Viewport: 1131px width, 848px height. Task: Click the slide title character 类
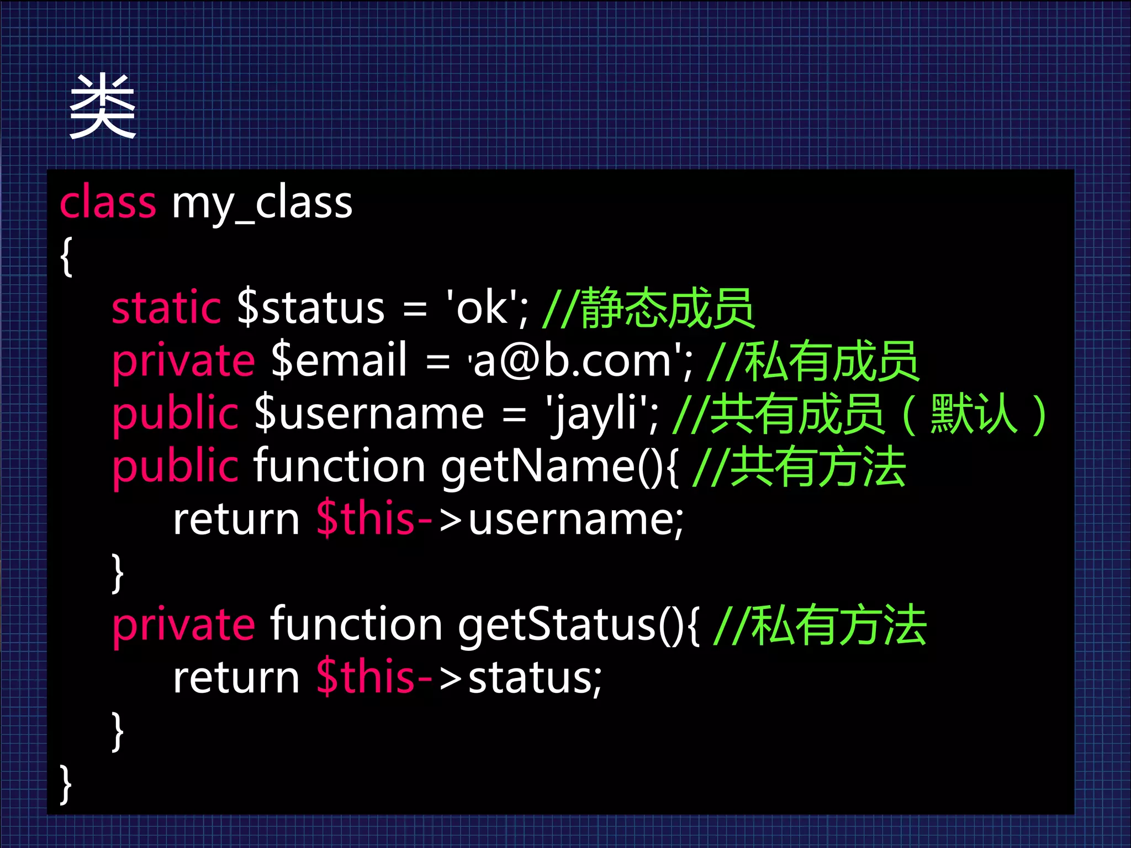pyautogui.click(x=103, y=106)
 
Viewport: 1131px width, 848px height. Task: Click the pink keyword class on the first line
pyautogui.click(x=108, y=203)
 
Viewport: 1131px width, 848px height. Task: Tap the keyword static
pyautogui.click(x=166, y=308)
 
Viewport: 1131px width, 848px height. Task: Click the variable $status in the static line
pyautogui.click(x=310, y=308)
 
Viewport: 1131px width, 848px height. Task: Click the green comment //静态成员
pyautogui.click(x=648, y=308)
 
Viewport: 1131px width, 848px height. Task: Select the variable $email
pyautogui.click(x=339, y=361)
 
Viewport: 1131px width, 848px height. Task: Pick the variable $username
pyautogui.click(x=369, y=414)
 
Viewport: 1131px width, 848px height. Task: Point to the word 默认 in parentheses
pyautogui.click(x=973, y=414)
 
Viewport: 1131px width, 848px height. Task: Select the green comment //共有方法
pyautogui.click(x=799, y=467)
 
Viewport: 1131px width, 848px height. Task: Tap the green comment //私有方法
pyautogui.click(x=820, y=626)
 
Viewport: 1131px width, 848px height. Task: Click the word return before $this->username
pyautogui.click(x=236, y=520)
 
